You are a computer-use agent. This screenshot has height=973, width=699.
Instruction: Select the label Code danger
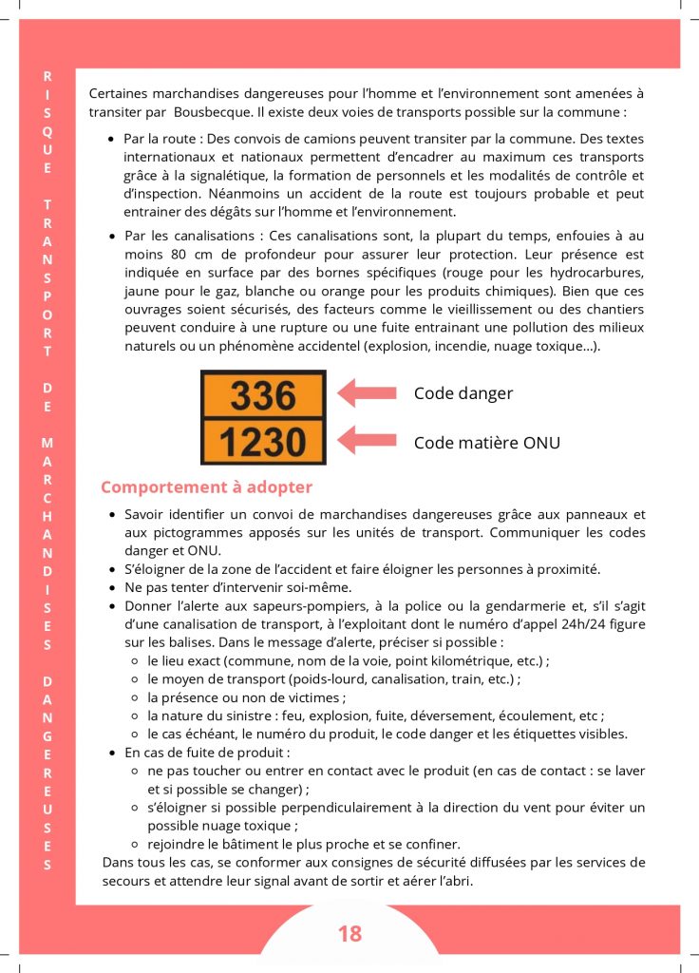(463, 393)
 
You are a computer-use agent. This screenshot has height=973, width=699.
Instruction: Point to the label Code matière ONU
(487, 442)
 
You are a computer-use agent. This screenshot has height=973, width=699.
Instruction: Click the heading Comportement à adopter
(206, 487)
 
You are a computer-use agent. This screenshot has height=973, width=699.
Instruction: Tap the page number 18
(349, 934)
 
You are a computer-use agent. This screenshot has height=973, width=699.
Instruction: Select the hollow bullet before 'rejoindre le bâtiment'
(138, 844)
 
